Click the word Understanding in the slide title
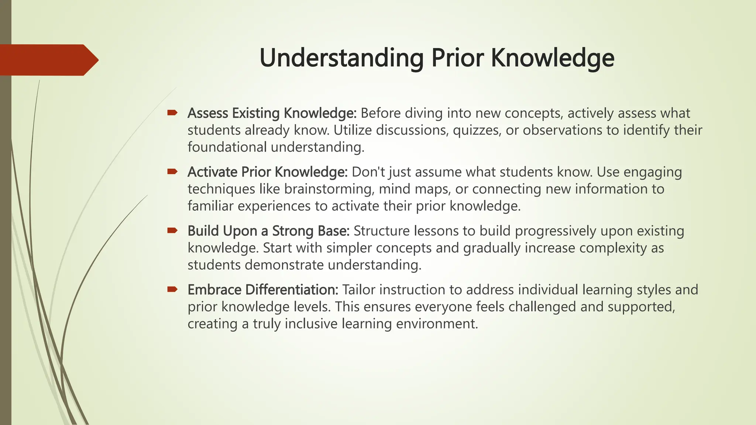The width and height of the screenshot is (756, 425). [x=341, y=58]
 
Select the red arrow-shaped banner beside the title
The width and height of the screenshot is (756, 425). [x=48, y=60]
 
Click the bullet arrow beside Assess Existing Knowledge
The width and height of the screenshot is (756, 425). [x=172, y=113]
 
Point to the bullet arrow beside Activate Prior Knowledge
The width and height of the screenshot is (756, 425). [x=172, y=172]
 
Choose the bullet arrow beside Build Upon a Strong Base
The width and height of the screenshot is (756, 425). [x=172, y=231]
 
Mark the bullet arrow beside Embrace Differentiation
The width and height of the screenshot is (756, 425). [x=172, y=290]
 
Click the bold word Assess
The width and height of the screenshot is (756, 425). [x=207, y=113]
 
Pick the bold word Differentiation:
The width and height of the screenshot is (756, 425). [x=292, y=290]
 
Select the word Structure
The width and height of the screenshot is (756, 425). [x=381, y=231]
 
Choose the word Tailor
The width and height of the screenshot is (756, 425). [x=358, y=290]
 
